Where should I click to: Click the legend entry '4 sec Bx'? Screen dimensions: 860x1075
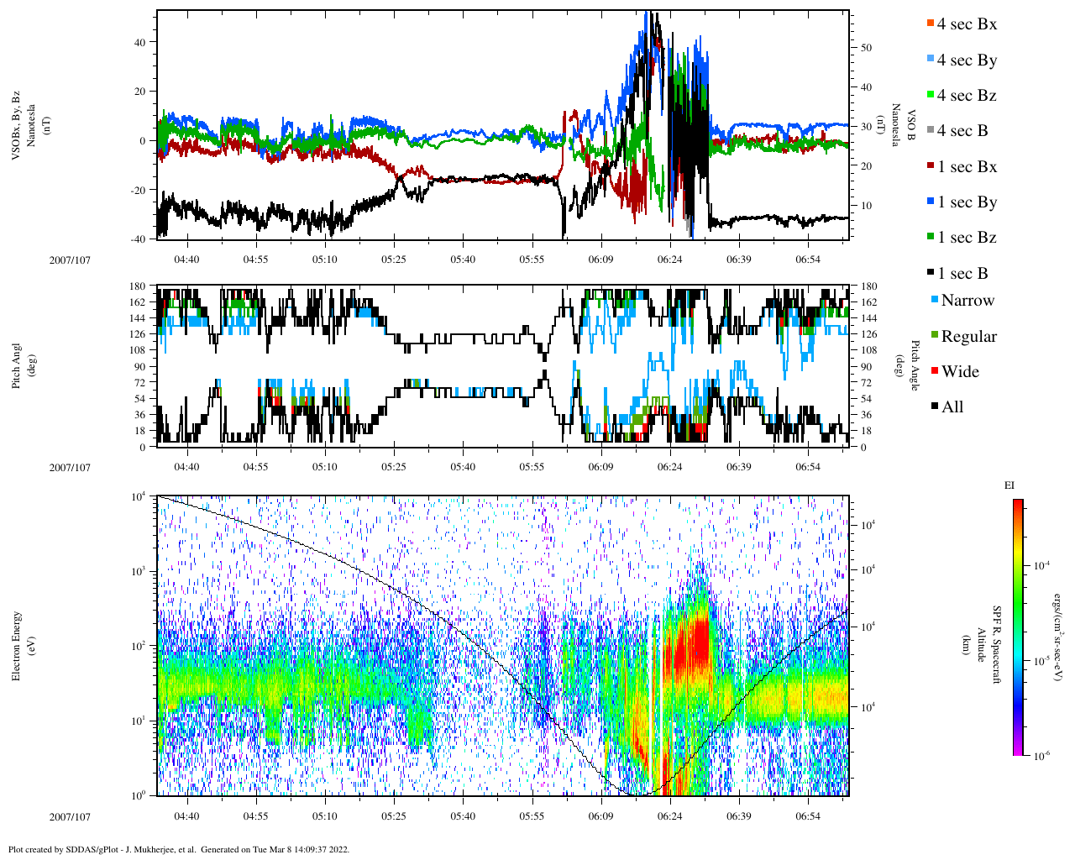[x=966, y=24]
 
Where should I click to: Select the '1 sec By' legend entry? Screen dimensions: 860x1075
[x=966, y=202]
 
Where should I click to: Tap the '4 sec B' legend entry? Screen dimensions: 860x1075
[x=962, y=131]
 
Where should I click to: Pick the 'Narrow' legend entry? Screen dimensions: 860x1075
[x=967, y=301]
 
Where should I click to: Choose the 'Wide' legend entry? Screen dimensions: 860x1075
[x=960, y=372]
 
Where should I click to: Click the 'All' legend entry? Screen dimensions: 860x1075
[x=952, y=407]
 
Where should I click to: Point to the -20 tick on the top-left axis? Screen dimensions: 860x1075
[x=139, y=190]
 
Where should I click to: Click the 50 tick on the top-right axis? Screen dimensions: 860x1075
[x=866, y=48]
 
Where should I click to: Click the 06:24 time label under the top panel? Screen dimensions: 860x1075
[x=669, y=260]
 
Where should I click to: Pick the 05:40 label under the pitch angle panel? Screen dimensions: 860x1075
[x=463, y=468]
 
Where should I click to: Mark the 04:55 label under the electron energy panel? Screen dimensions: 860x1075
[x=255, y=816]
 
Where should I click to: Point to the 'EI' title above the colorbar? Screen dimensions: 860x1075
[x=1009, y=485]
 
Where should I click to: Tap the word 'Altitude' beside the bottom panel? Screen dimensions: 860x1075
[x=979, y=646]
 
